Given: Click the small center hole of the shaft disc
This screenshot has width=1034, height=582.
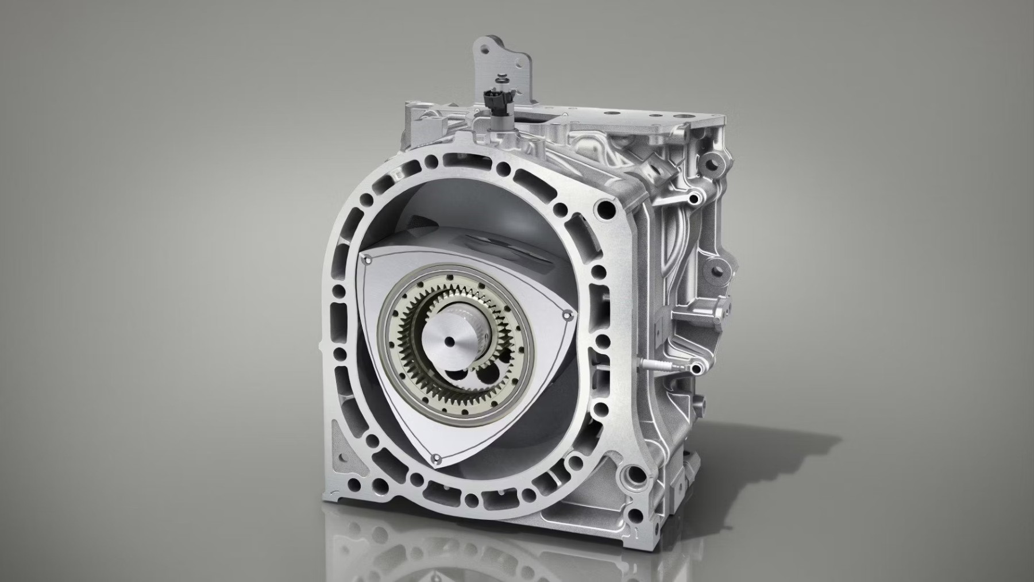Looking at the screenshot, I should click(447, 342).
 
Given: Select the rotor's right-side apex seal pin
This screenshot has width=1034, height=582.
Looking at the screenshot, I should click(566, 315).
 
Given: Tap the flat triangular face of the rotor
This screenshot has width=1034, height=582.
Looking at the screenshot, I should click(402, 414).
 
